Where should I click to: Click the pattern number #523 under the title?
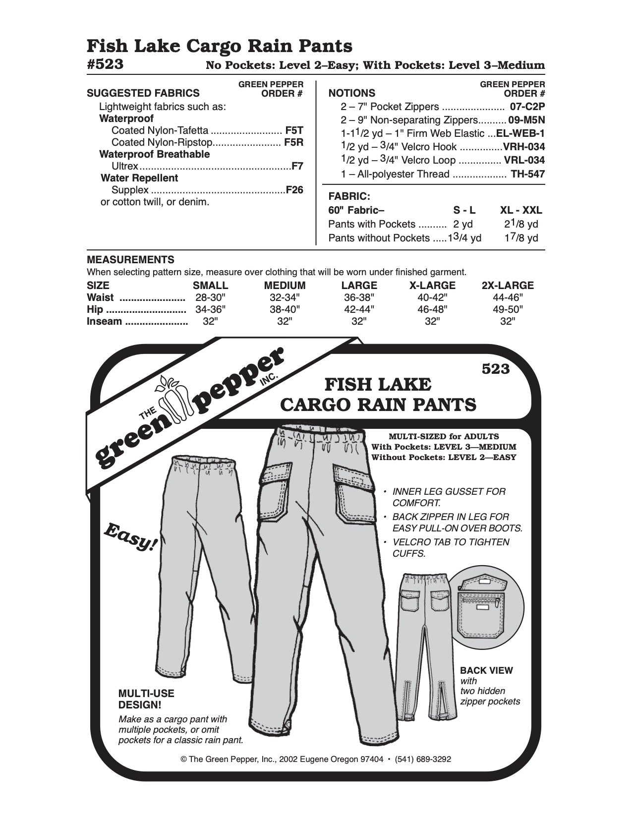pyautogui.click(x=105, y=65)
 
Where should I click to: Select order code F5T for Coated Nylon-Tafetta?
pyautogui.click(x=294, y=131)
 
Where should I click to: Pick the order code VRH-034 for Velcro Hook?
pyautogui.click(x=523, y=147)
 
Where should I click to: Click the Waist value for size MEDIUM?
pyautogui.click(x=285, y=297)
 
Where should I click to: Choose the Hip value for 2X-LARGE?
pyautogui.click(x=507, y=309)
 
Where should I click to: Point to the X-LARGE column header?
pyautogui.click(x=433, y=286)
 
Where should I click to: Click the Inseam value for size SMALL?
pyautogui.click(x=211, y=321)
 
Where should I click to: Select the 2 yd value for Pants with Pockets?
pyautogui.click(x=463, y=224)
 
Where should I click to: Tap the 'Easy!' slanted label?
pyautogui.click(x=130, y=537)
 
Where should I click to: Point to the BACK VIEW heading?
pyautogui.click(x=486, y=670)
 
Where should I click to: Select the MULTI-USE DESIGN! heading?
pyautogui.click(x=146, y=699)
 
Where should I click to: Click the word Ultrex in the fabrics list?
pyautogui.click(x=125, y=167)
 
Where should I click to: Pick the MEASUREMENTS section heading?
pyautogui.click(x=130, y=260)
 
